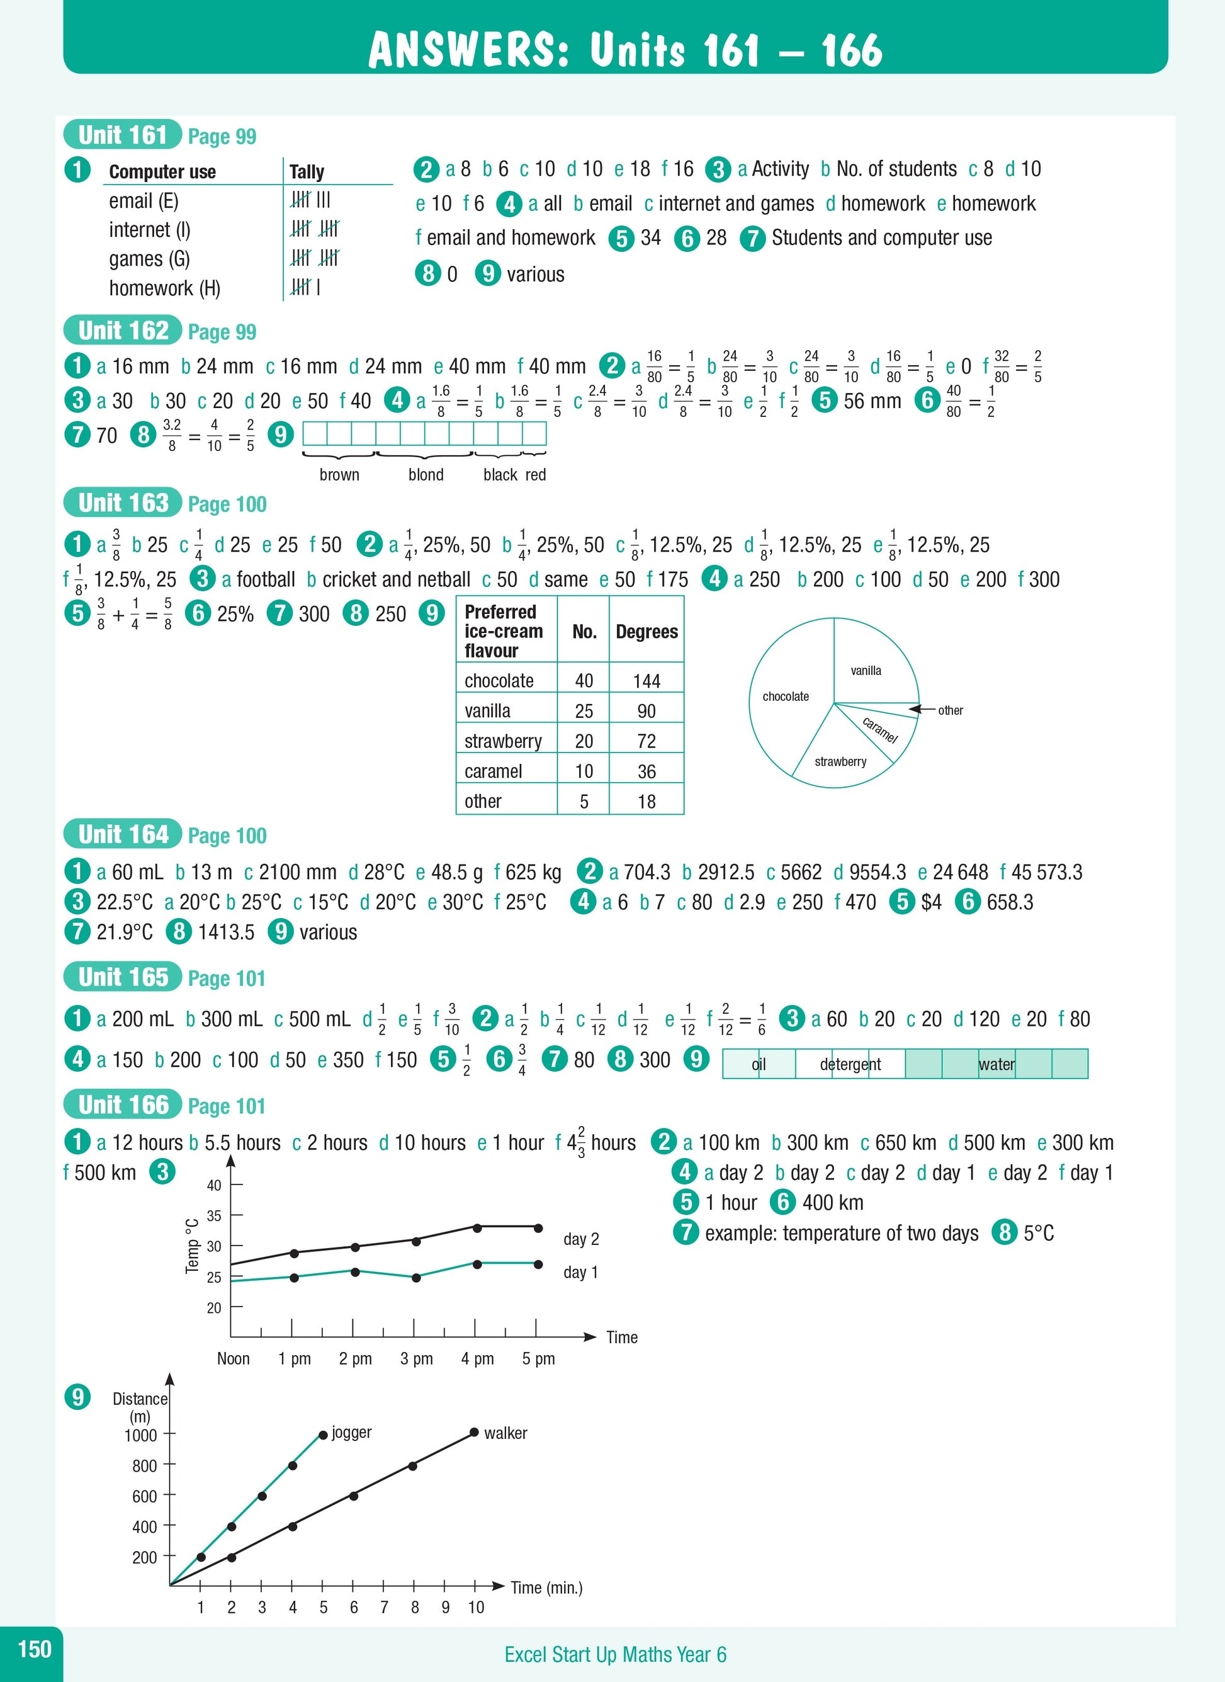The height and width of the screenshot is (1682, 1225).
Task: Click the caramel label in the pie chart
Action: tap(879, 730)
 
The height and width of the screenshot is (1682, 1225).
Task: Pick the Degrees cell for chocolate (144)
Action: tap(646, 681)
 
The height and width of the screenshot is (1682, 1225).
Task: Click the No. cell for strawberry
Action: tap(584, 741)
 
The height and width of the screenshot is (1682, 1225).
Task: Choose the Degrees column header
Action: tap(646, 631)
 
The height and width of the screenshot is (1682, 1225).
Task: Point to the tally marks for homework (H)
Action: tap(305, 287)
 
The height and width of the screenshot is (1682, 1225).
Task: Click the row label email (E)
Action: tap(143, 201)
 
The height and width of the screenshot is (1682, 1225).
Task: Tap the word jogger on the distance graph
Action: tap(351, 1432)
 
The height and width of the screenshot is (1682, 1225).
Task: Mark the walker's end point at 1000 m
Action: tap(474, 1432)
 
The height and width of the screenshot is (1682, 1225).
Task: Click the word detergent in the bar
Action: tap(850, 1064)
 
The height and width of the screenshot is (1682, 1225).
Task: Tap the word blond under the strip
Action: tap(426, 475)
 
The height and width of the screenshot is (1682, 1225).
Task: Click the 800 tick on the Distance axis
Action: tap(145, 1465)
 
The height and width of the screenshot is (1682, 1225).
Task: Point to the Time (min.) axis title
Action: tap(546, 1588)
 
